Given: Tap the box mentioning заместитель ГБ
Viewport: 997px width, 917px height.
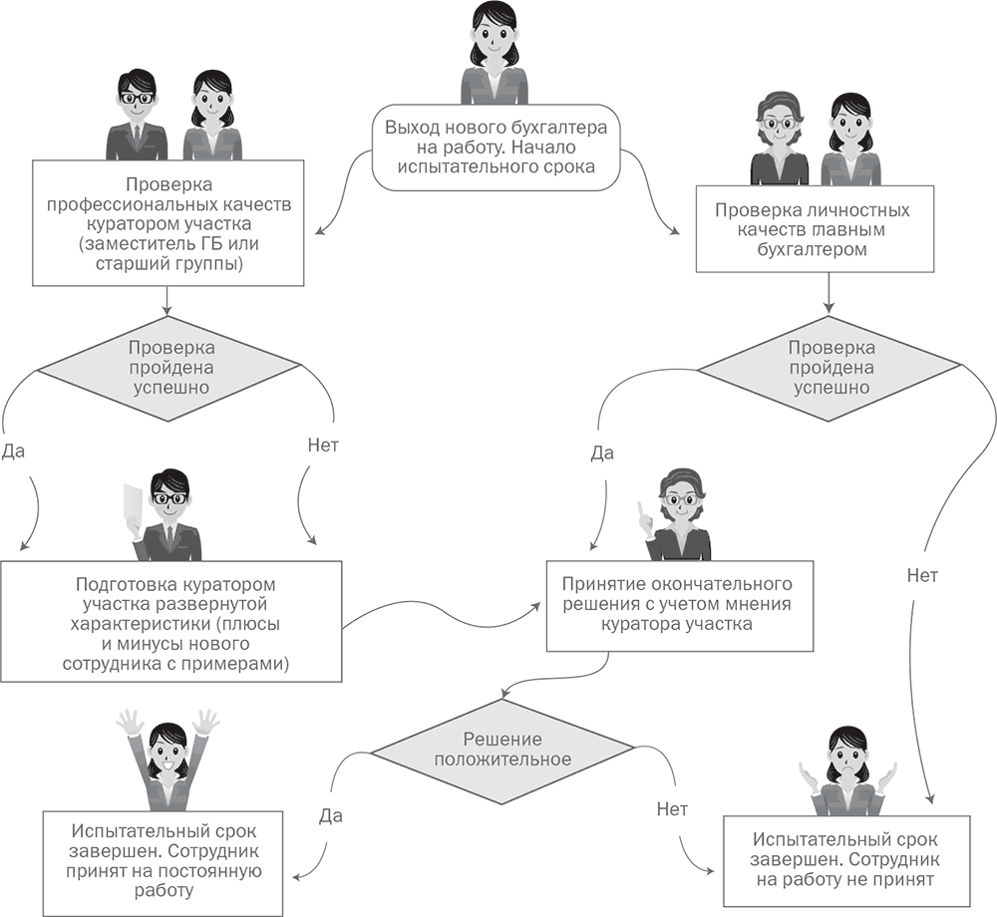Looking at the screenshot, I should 166,224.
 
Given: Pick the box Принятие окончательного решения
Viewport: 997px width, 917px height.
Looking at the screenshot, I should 677,604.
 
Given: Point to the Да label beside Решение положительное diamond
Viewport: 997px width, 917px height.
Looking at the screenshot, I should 332,815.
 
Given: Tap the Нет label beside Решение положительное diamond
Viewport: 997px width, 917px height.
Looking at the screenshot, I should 672,808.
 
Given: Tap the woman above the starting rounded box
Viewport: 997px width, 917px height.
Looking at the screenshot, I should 496,50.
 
